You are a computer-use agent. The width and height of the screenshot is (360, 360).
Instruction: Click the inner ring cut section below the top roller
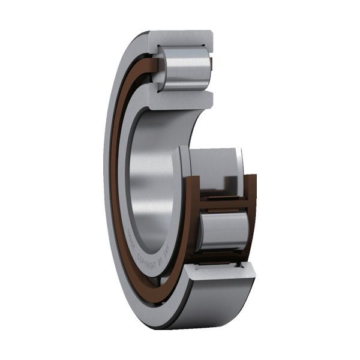[180, 100]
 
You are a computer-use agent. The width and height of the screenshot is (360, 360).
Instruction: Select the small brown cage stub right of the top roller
[211, 61]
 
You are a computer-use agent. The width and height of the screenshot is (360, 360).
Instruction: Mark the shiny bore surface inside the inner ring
[147, 180]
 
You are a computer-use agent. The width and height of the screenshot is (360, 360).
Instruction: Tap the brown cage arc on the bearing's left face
[115, 180]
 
